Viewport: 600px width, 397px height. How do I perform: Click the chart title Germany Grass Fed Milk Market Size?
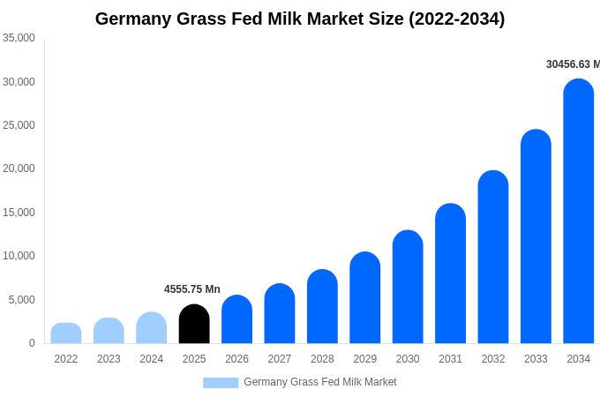click(300, 19)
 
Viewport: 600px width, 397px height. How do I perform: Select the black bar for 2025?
click(194, 325)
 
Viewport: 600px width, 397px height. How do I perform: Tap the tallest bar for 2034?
click(579, 212)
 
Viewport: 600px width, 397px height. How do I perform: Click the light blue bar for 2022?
click(66, 333)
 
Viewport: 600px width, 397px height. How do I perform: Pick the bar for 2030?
click(408, 288)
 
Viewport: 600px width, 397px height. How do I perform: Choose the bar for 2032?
click(493, 258)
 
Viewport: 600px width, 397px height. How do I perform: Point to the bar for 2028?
click(322, 307)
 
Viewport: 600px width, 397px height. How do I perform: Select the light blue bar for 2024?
click(152, 328)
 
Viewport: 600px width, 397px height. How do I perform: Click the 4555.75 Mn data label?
click(192, 289)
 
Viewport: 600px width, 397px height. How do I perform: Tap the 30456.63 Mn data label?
click(573, 64)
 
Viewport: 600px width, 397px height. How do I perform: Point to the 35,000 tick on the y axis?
click(19, 38)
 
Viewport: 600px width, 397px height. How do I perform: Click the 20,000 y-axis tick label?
click(19, 169)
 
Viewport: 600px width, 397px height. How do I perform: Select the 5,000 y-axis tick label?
click(21, 300)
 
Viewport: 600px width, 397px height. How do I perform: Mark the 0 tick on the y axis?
click(32, 343)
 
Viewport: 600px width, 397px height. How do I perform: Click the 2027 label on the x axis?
click(280, 359)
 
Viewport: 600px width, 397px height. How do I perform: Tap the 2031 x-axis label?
click(450, 359)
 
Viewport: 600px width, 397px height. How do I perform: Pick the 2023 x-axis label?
click(109, 359)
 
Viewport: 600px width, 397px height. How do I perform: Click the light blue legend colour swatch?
click(221, 383)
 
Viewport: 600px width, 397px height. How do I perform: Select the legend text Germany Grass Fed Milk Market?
click(320, 382)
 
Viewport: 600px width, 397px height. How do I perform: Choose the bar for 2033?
click(536, 237)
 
